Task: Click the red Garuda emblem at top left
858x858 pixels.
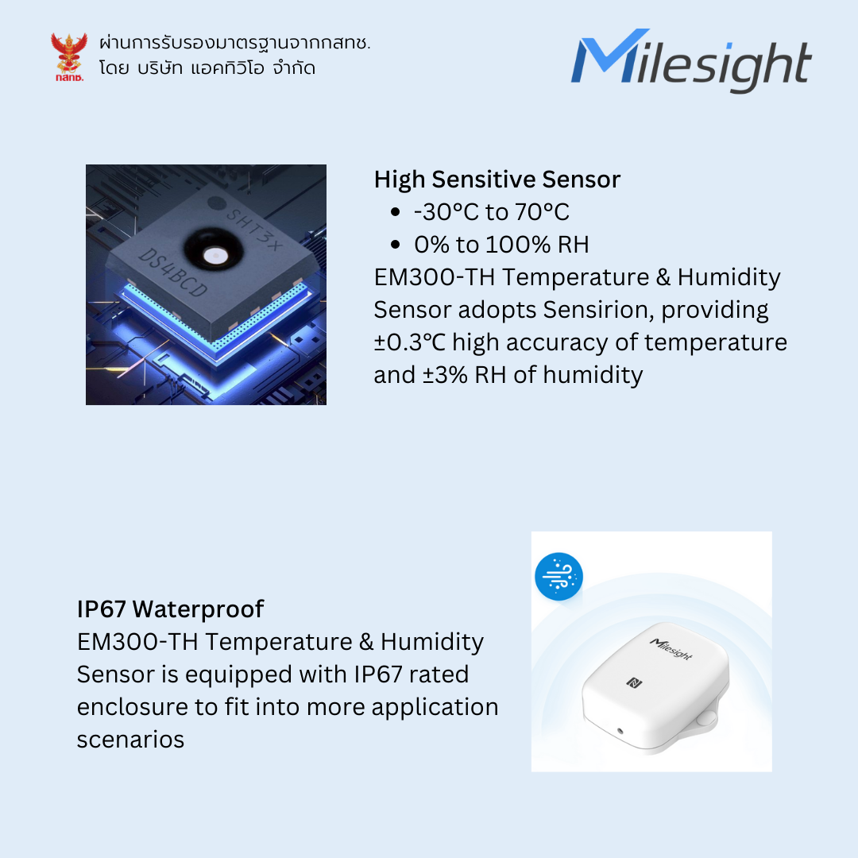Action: (x=68, y=55)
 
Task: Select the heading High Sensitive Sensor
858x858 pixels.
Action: (x=497, y=180)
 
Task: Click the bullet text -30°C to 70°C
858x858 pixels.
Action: (x=492, y=212)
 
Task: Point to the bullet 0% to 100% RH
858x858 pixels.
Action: (x=501, y=245)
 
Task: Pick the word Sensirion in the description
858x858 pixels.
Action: (x=596, y=309)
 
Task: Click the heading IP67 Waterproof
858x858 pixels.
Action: (x=170, y=609)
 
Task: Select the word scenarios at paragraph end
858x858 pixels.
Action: (x=130, y=739)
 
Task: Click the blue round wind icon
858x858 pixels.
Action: (x=558, y=577)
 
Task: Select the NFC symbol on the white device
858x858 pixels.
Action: (x=634, y=682)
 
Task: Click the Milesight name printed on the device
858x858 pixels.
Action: (x=671, y=648)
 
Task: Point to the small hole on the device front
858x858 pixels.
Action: (x=620, y=729)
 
